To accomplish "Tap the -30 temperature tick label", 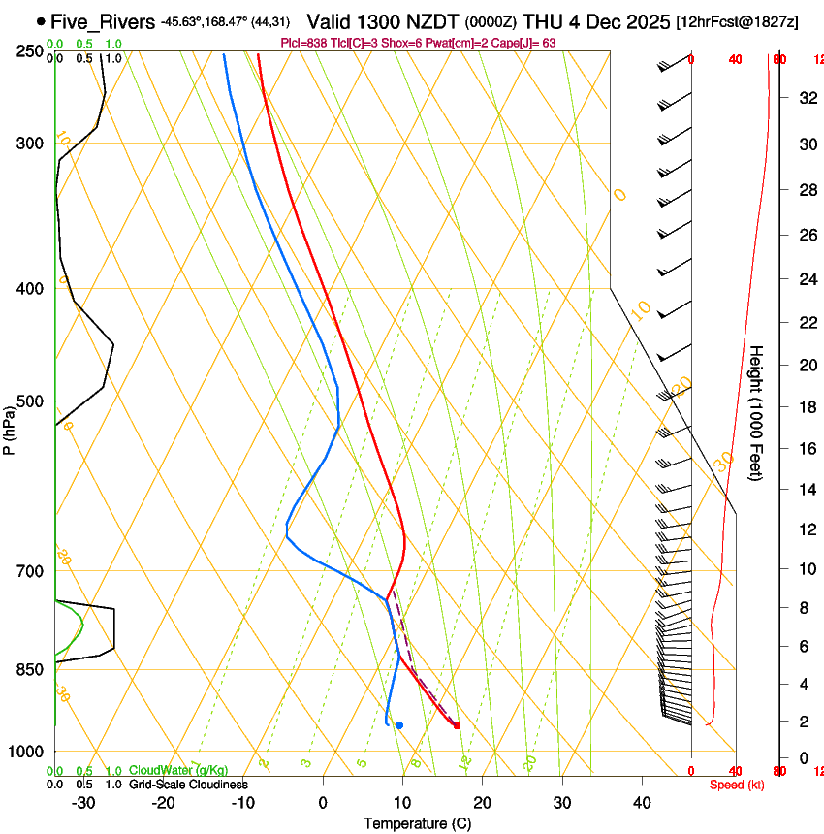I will coord(83,802).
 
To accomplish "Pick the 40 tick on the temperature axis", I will coord(641,802).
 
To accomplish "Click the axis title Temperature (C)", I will coord(417,823).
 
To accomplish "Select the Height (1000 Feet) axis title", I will coord(756,413).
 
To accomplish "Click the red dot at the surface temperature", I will coord(457,725).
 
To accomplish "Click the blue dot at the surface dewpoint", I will coord(398,725).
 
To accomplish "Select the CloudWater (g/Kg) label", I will coord(178,770).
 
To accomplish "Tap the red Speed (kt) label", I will coord(737,784).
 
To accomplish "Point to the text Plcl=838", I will coord(301,43).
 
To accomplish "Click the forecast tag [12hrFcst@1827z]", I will coord(737,21).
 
